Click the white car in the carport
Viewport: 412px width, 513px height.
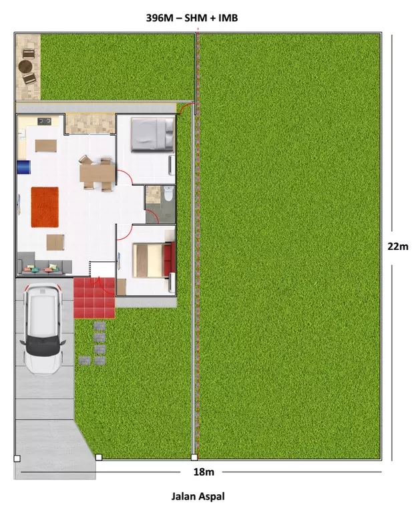point(43,329)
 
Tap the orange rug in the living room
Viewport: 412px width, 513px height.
point(45,207)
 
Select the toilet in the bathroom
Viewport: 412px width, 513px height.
point(168,193)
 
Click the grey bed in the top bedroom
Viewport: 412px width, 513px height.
point(152,134)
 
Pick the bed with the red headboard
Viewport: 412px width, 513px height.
point(154,260)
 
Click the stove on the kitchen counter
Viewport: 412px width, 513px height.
point(45,122)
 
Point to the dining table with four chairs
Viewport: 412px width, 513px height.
point(97,173)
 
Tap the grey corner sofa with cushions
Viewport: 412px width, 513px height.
point(44,264)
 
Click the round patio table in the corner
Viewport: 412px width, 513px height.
point(25,67)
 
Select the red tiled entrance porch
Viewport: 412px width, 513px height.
point(94,298)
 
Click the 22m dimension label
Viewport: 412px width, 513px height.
point(398,246)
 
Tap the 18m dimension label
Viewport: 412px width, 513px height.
point(204,472)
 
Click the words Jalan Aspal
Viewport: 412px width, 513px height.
point(198,496)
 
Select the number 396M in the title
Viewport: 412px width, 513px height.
point(160,17)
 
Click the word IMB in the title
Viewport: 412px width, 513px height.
point(228,17)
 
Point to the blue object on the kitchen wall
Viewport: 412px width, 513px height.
point(24,167)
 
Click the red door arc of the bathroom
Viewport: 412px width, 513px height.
point(153,215)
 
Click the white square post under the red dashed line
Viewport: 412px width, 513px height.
point(194,457)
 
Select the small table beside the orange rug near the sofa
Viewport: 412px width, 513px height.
point(55,242)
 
